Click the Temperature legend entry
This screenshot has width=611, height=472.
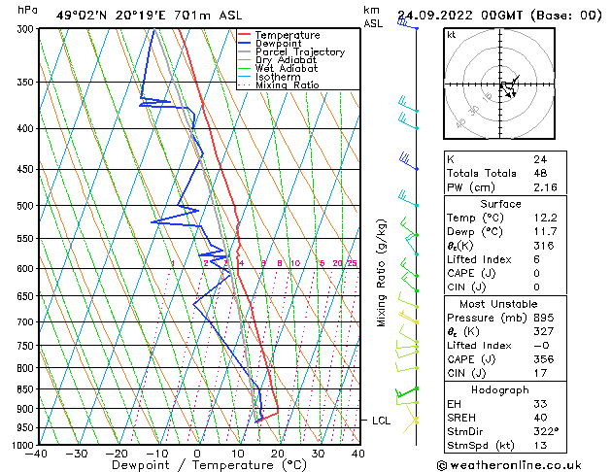287,35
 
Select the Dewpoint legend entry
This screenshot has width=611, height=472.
281,44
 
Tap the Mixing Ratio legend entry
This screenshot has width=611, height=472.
287,85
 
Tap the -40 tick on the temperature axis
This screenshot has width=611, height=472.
37,454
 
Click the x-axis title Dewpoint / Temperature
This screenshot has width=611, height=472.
195,466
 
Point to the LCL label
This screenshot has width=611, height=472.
382,420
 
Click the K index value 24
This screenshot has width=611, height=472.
540,159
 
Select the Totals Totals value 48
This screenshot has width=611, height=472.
540,173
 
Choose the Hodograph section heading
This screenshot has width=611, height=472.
500,388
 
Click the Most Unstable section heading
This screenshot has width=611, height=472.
500,304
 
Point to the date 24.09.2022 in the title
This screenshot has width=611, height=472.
434,16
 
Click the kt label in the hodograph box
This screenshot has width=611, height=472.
451,35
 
